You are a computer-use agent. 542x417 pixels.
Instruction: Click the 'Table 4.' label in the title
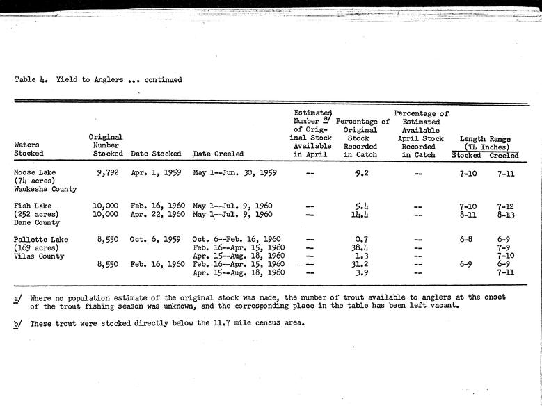pyautogui.click(x=30, y=80)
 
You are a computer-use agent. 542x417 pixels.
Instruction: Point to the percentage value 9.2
pyautogui.click(x=360, y=173)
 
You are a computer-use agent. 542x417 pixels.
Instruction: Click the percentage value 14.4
pyautogui.click(x=360, y=214)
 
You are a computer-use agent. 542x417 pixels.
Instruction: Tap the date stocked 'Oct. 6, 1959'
pyautogui.click(x=156, y=239)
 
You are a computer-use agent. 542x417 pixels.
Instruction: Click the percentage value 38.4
pyautogui.click(x=360, y=247)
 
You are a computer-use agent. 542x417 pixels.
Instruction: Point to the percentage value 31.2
pyautogui.click(x=360, y=264)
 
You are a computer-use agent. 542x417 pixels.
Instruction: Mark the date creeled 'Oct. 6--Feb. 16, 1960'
pyautogui.click(x=237, y=239)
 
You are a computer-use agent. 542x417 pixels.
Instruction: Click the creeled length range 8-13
pyautogui.click(x=506, y=214)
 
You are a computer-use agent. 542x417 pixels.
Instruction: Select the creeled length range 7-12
pyautogui.click(x=506, y=206)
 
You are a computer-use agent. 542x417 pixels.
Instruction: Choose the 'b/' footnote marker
pyautogui.click(x=17, y=323)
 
